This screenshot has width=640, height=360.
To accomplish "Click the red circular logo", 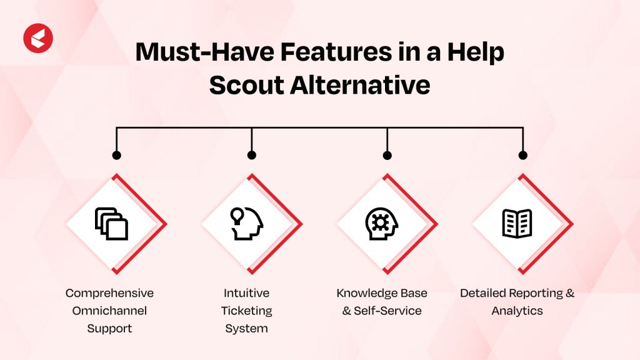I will coord(38,38).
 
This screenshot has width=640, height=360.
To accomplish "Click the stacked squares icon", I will coord(111,224).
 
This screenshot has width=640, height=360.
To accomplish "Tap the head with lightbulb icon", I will coord(246,224).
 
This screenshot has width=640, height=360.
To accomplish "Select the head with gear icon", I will coord(381,224).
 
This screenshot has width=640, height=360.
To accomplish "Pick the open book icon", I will coord(517,224).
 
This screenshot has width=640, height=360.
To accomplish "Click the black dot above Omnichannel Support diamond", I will coord(116,155).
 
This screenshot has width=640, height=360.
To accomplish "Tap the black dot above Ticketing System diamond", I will coord(252,155).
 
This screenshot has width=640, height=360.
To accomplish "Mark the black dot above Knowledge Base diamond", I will coord(387,155).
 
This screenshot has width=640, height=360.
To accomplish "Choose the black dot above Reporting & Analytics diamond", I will coord(523,155).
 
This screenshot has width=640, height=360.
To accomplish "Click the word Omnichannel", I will coord(109,311).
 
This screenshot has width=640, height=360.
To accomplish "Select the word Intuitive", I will coord(247,293).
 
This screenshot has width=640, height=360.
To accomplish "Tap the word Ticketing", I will coord(247,311).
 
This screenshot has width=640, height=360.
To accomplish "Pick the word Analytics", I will coord(517,311).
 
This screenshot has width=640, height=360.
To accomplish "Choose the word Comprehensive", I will coord(109,293).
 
